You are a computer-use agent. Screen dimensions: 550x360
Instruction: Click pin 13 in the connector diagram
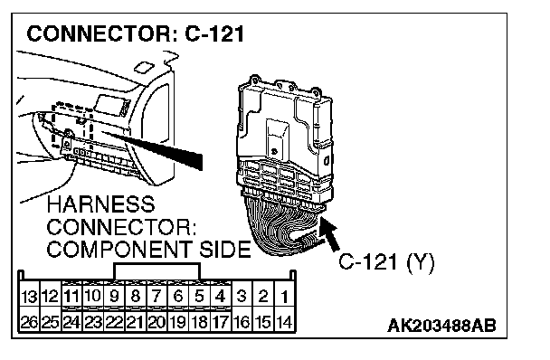(29, 297)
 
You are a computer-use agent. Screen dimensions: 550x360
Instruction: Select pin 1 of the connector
(284, 297)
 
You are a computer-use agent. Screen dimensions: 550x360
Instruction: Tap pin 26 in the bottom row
(29, 322)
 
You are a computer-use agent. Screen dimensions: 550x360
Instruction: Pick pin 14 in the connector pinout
(284, 322)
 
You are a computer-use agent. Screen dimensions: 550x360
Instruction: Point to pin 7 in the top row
(156, 296)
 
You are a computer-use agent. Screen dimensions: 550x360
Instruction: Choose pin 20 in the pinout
(156, 322)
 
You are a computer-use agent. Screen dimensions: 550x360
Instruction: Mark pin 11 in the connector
(71, 296)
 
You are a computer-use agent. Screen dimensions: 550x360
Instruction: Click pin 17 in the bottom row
(221, 322)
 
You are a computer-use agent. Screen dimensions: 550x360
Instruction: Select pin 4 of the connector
(221, 296)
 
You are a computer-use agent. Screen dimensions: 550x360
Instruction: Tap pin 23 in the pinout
(92, 322)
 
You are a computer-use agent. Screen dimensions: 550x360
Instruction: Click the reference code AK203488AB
(441, 326)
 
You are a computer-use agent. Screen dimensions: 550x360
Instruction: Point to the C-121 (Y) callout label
(386, 261)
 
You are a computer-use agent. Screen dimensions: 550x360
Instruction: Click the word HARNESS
(100, 204)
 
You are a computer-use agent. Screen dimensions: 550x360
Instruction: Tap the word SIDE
(225, 250)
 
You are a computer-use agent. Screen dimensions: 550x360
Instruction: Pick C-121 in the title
(214, 34)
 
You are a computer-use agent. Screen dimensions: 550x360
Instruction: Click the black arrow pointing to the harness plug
(330, 233)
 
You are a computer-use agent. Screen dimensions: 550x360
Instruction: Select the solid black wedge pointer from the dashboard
(155, 148)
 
